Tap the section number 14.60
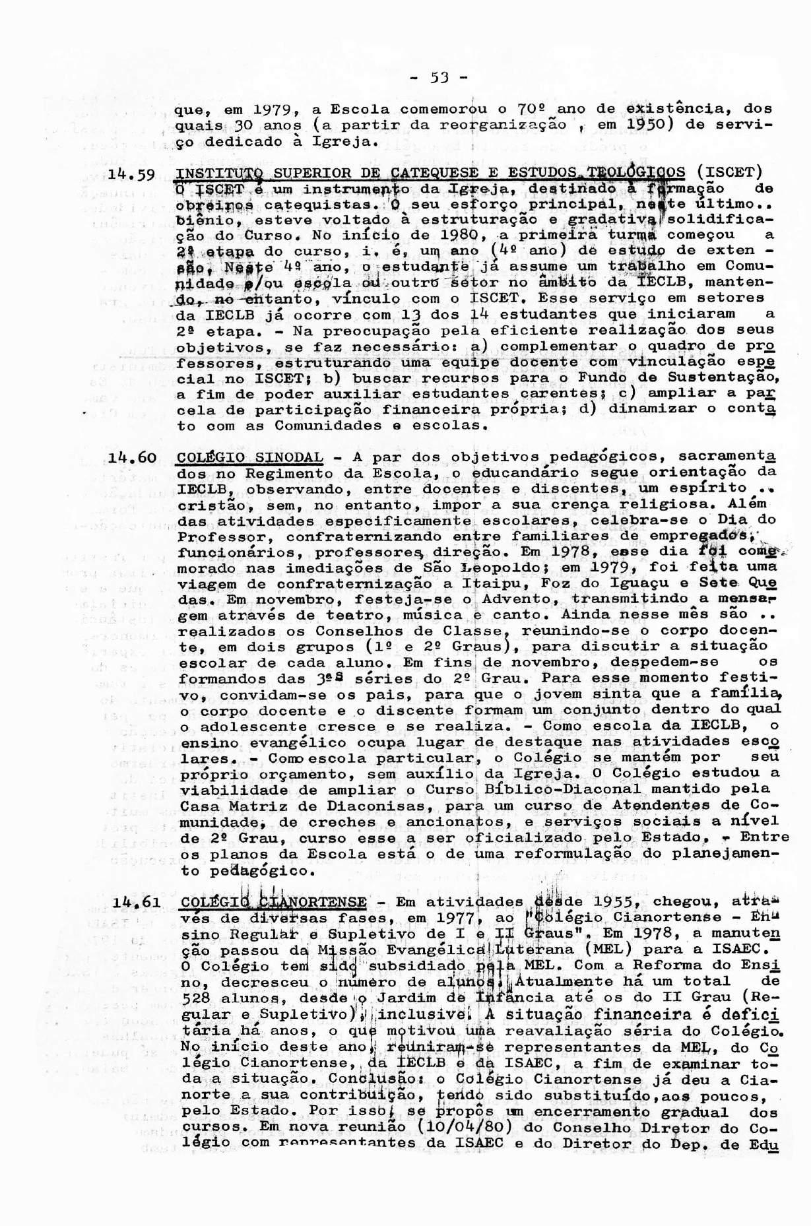pyautogui.click(x=133, y=457)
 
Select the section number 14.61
pyautogui.click(x=135, y=903)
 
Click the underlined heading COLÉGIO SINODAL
pyautogui.click(x=251, y=457)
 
